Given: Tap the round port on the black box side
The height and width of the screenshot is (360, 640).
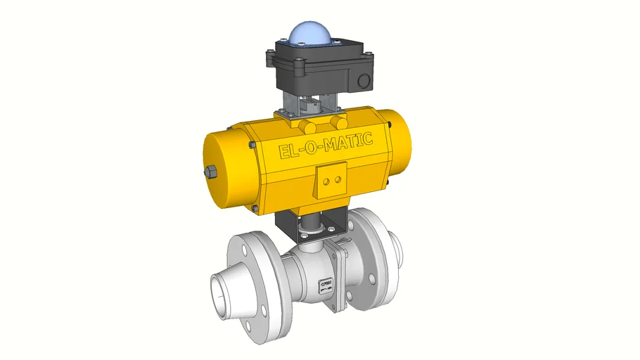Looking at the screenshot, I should point(364,81).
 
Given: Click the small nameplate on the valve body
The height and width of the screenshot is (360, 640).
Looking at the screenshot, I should point(326,283).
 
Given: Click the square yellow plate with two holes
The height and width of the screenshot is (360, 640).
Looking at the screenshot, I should point(331,180).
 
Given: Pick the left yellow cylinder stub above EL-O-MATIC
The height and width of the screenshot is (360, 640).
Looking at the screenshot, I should point(307,124).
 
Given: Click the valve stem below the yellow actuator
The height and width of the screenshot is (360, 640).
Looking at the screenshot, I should point(310,230).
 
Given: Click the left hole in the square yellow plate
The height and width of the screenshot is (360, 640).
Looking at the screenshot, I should point(326,181).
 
